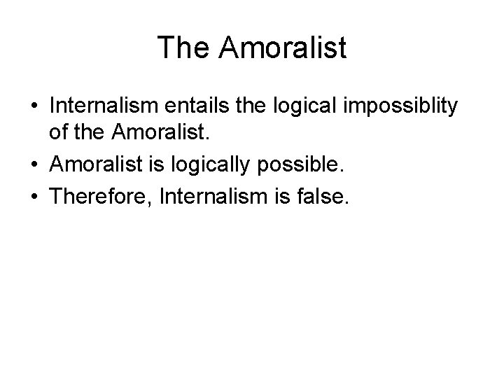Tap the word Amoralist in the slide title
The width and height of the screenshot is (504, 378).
coord(283,48)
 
